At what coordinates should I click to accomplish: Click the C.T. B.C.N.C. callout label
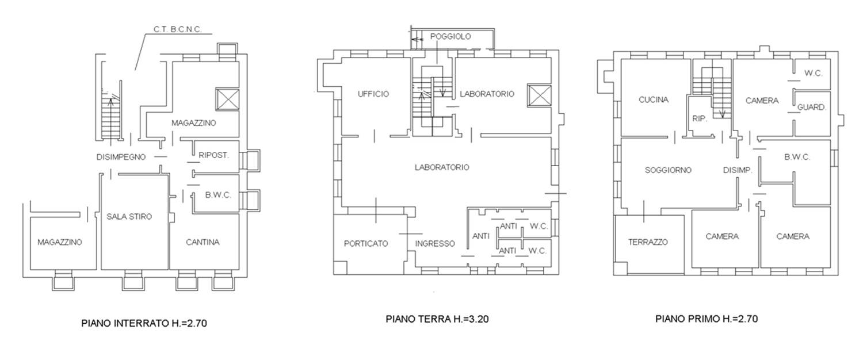coord(178,30)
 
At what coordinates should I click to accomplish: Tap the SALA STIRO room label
coord(129,217)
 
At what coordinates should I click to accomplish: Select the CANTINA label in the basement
coord(203,242)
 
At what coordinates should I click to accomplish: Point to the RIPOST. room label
coord(214,155)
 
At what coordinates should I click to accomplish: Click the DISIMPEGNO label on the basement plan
coord(121,157)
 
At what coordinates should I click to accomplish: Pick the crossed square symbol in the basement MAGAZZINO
coord(227,99)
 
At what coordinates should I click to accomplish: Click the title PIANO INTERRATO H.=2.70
coord(144,323)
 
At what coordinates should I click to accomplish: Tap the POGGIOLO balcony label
coord(450,37)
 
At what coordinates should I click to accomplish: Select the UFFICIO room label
coord(373,94)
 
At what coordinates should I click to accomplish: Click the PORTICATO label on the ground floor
coord(366,244)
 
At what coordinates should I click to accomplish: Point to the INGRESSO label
coord(435,244)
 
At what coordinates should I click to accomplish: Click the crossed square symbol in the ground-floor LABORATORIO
coord(540,95)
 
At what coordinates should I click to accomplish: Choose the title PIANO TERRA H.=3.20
coord(437,319)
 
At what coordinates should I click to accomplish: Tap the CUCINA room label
coord(654,99)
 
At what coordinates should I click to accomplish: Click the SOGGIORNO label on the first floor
coord(668,170)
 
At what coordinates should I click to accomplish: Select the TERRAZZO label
coord(648,242)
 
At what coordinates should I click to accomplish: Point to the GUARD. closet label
coord(812,108)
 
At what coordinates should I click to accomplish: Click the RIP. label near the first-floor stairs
coord(700,119)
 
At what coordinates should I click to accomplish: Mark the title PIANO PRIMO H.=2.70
coord(707,319)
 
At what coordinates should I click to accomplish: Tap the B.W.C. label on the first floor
coord(797,157)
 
